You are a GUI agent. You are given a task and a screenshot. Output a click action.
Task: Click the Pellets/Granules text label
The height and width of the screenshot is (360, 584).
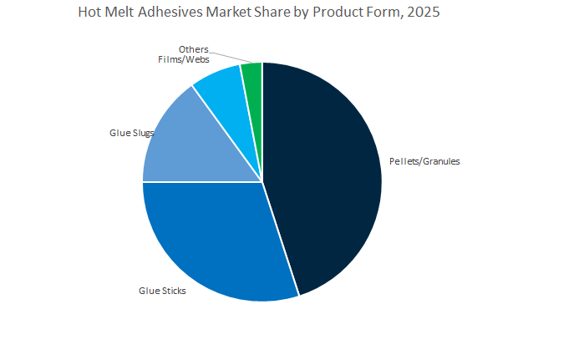click(424, 161)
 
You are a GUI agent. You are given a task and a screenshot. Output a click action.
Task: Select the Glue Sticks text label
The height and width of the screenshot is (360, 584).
click(162, 291)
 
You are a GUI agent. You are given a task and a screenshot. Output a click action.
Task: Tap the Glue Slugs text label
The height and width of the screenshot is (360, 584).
click(131, 132)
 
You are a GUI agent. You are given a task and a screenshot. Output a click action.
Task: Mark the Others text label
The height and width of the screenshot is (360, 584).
click(194, 49)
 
